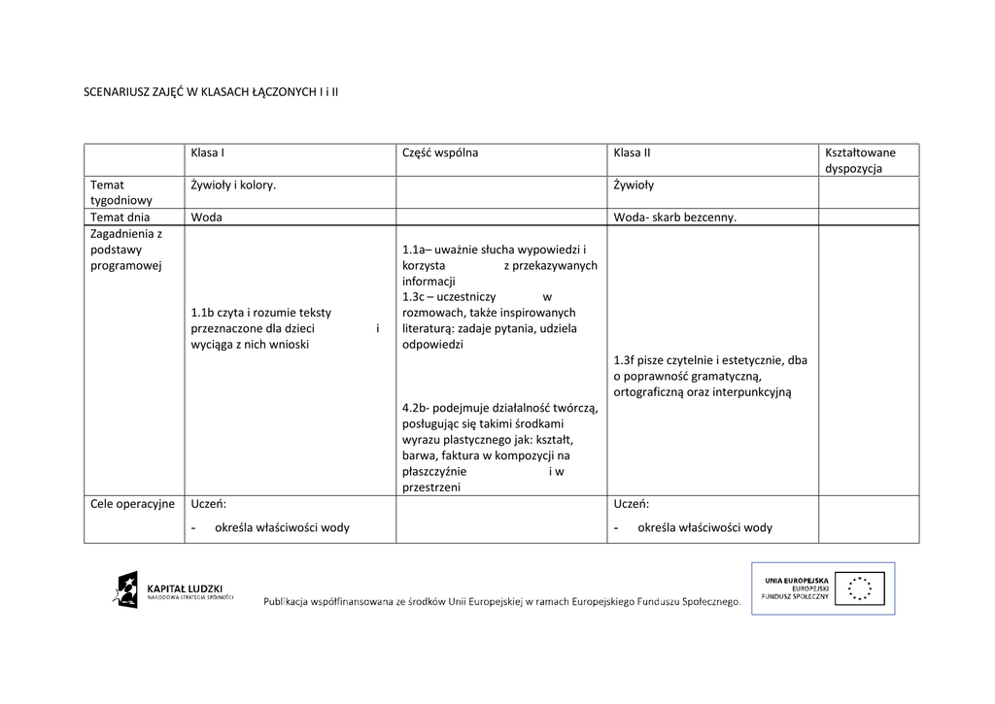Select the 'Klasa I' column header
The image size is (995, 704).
[x=208, y=152]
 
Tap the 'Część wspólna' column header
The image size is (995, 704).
[x=439, y=152]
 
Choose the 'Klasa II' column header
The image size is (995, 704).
[x=632, y=152]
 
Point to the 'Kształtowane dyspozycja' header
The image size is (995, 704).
[x=860, y=160]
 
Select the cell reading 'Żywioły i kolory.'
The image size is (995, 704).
[x=233, y=184]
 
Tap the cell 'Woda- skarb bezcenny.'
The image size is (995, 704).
[x=675, y=218]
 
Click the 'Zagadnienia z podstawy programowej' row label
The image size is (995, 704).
[x=126, y=250]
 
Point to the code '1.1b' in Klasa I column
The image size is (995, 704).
[x=202, y=313]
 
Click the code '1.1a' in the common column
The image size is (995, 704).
[x=414, y=250]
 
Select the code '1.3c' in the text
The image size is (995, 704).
[x=413, y=296]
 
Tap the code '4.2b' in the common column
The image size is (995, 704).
[x=415, y=408]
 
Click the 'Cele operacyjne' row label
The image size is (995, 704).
[x=132, y=503]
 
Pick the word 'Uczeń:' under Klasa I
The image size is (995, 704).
[x=209, y=503]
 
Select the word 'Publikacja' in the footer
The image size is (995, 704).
[x=292, y=603]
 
